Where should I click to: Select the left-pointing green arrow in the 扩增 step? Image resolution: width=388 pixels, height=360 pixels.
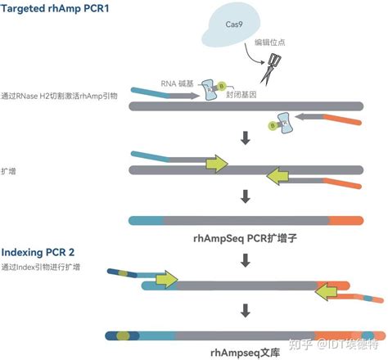tap(281, 173)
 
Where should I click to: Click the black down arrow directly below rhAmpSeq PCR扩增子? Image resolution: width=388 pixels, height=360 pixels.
tap(244, 261)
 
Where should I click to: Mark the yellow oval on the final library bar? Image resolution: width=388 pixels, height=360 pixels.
tap(124, 335)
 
